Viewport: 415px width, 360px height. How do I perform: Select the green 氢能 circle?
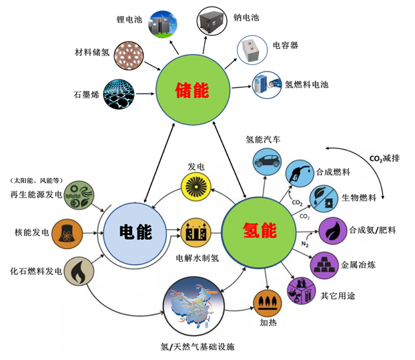click(259, 231)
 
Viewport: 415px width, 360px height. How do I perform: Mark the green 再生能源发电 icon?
click(79, 196)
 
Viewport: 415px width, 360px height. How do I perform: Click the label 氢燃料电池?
click(307, 84)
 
